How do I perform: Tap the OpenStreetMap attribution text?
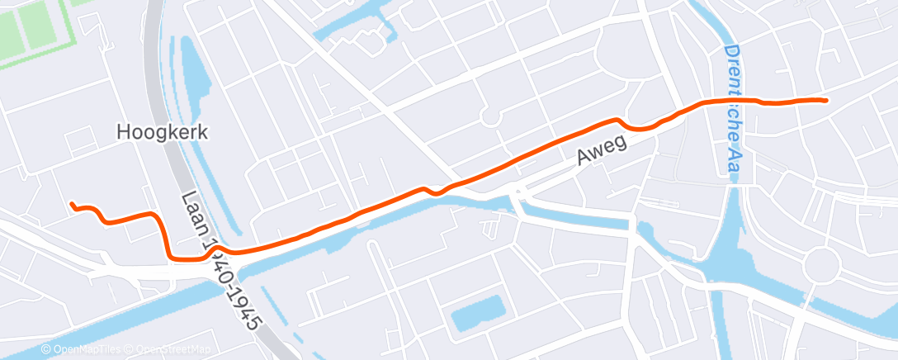tap(172, 350)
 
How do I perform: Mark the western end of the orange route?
tap(72, 203)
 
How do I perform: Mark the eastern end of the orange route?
tap(825, 100)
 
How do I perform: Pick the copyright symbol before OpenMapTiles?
tap(46, 350)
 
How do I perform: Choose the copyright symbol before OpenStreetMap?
tap(131, 350)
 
